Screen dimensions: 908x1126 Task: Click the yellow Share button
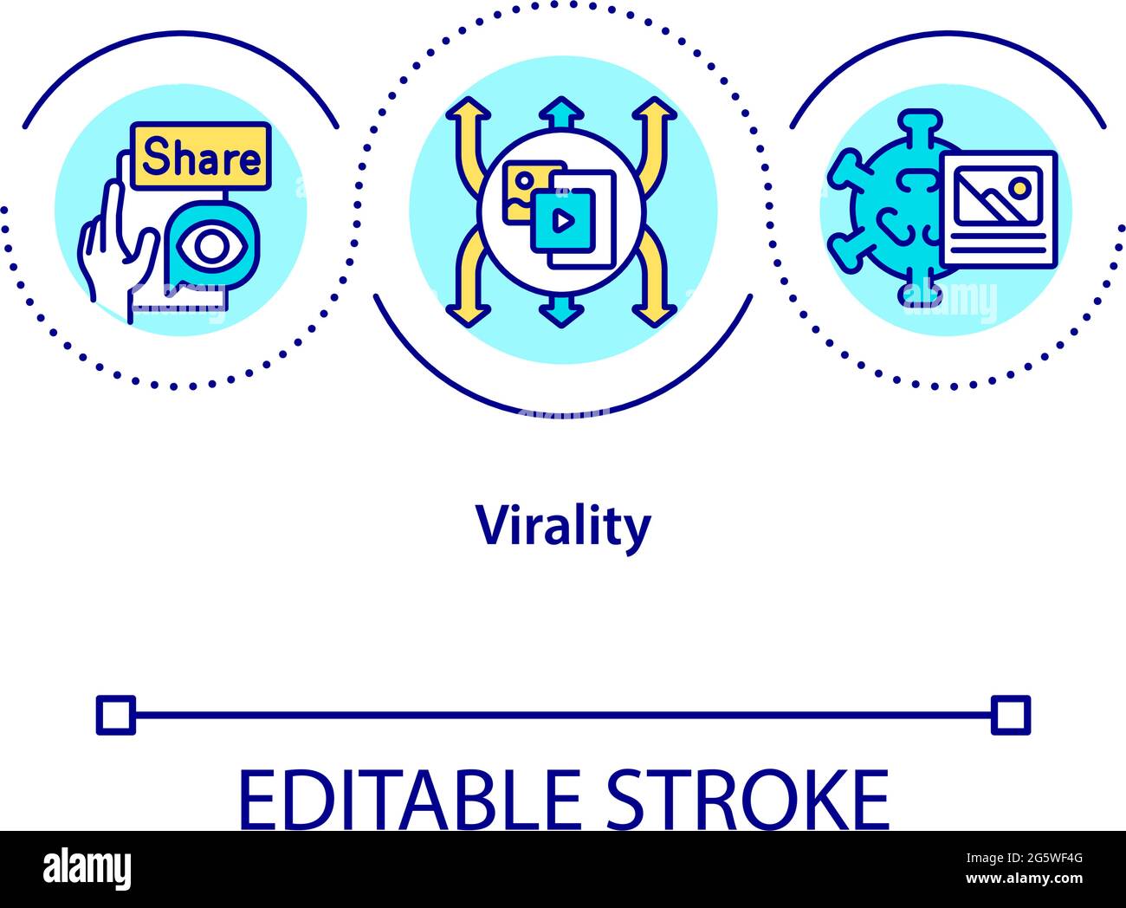(201, 157)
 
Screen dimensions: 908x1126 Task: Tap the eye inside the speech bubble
(209, 246)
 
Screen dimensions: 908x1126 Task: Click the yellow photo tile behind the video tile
(525, 185)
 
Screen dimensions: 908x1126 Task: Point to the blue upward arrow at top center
(561, 111)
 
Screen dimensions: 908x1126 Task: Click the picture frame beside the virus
(999, 209)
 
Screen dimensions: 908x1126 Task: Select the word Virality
(563, 527)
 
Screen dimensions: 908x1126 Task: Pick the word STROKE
(747, 799)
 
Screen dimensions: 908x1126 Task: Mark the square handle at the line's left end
(116, 715)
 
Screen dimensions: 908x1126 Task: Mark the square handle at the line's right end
(1011, 715)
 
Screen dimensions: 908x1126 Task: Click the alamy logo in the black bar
(87, 869)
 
